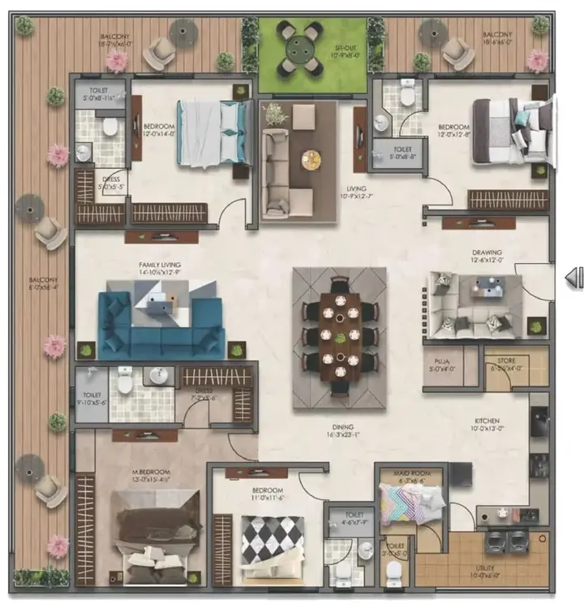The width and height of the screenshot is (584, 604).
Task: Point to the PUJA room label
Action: (x=442, y=364)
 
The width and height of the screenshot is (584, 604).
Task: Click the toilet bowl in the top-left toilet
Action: (x=110, y=127)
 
